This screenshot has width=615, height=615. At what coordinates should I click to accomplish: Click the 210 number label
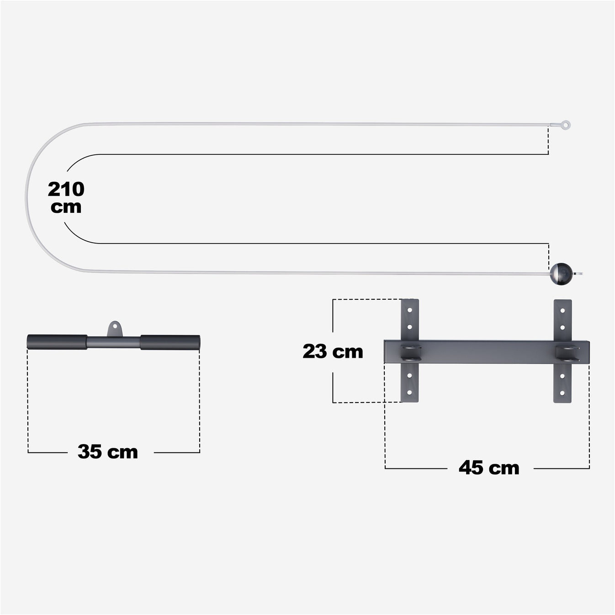coord(66,189)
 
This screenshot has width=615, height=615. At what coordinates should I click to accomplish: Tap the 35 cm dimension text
coord(108,452)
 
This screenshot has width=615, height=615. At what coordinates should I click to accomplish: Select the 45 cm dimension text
coord(489,468)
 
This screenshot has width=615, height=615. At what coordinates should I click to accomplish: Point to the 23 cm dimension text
coord(333,351)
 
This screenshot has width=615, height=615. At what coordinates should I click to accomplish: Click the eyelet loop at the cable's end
coord(566,124)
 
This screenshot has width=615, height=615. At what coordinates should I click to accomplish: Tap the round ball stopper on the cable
coord(560,274)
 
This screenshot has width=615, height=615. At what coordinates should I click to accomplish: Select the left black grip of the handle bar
coord(57,342)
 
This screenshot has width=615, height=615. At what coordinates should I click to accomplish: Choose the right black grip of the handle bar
coord(170,342)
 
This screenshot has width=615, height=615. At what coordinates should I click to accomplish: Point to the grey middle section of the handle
coord(113,342)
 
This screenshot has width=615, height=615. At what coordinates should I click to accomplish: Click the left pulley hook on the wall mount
coord(411,353)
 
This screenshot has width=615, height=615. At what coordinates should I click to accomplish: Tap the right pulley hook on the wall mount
coord(567,353)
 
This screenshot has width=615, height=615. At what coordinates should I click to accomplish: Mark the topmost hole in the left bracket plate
coord(410,310)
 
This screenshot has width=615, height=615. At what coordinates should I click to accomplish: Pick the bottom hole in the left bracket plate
coord(410,392)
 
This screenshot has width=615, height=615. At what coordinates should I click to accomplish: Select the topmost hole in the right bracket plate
coord(562,310)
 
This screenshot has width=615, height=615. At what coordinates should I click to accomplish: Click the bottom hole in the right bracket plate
coord(562,392)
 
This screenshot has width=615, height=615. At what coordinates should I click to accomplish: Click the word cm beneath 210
coord(66,207)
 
